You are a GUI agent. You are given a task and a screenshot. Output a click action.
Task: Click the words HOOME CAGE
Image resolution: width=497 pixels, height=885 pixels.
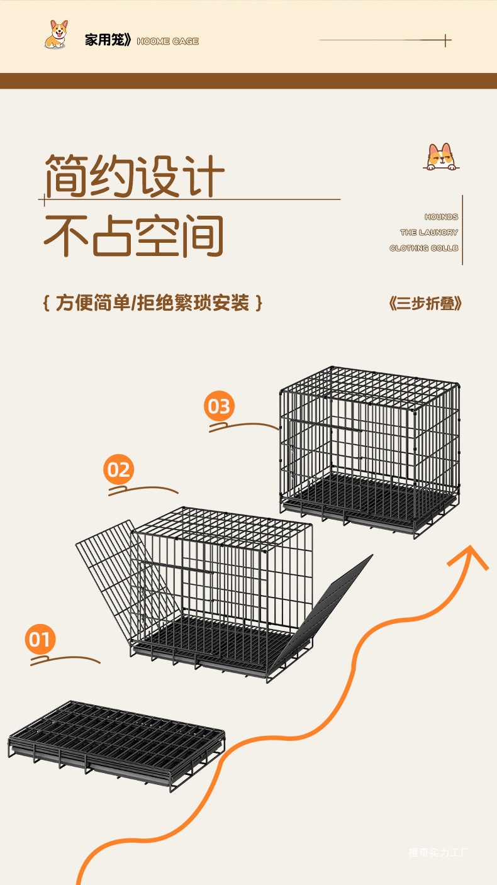(167, 42)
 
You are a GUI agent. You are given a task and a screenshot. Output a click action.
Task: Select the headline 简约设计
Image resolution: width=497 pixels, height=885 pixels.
(134, 176)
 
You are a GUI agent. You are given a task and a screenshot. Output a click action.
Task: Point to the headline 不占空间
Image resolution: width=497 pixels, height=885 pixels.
(134, 236)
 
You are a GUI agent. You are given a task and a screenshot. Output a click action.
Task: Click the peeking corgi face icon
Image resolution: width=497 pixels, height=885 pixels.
(440, 157)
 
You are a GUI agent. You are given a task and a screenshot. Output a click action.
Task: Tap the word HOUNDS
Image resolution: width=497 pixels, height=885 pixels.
(441, 217)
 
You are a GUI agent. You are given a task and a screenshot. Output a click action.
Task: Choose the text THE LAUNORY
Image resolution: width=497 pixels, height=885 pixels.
(429, 233)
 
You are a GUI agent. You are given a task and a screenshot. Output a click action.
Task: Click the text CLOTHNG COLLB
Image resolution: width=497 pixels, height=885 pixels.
(424, 248)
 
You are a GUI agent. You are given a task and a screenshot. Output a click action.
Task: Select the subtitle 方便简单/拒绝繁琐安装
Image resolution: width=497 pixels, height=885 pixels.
(154, 303)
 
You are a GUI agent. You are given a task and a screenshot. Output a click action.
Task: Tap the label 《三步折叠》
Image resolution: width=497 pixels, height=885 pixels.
(425, 304)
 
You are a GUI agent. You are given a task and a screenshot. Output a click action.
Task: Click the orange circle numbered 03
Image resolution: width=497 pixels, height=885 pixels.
(219, 406)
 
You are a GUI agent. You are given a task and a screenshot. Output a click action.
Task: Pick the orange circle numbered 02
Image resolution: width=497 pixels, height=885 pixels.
(119, 470)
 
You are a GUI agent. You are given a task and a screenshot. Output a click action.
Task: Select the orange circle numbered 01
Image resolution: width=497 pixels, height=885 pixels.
(40, 640)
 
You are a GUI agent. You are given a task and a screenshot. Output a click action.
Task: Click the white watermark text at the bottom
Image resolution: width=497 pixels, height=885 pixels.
(439, 853)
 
